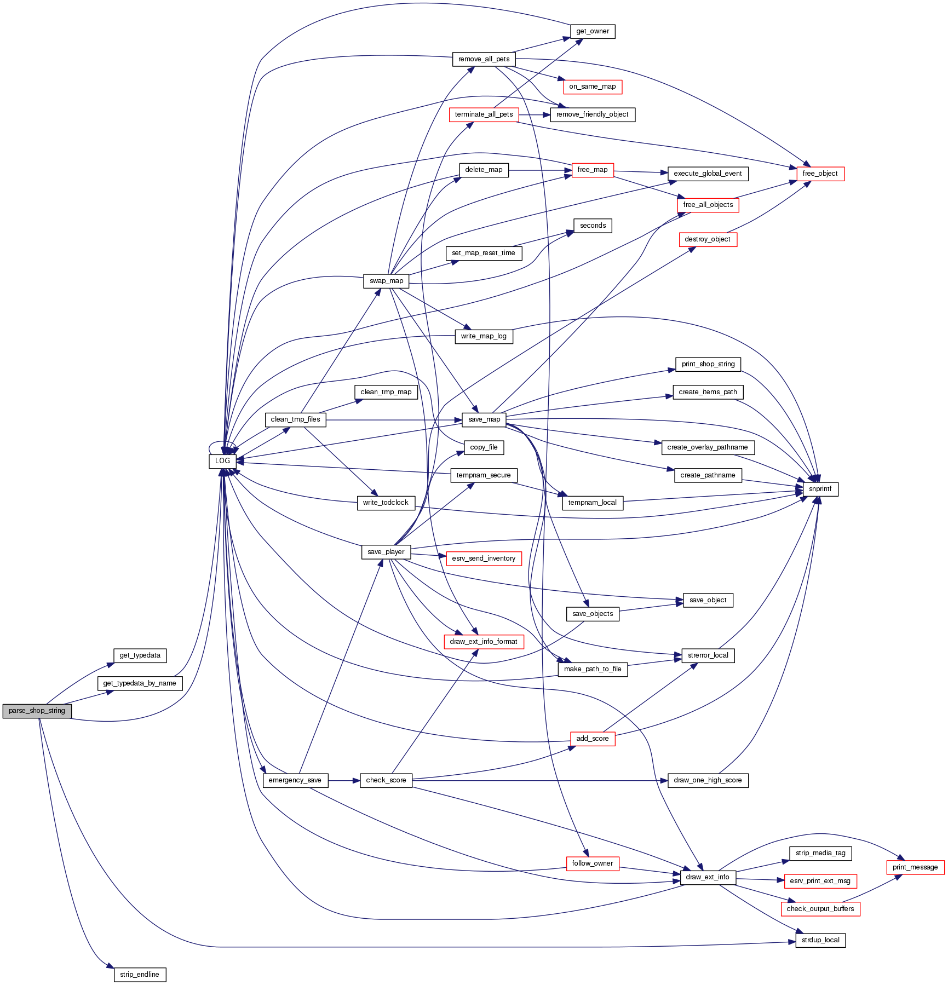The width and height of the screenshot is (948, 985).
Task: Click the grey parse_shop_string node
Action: click(x=37, y=711)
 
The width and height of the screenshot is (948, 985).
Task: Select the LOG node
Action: click(x=222, y=461)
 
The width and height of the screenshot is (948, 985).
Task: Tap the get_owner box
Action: click(x=593, y=31)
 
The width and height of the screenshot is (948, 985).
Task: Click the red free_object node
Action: click(x=820, y=174)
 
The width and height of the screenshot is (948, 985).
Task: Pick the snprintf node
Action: click(x=820, y=489)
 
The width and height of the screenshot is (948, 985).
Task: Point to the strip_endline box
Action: click(x=140, y=975)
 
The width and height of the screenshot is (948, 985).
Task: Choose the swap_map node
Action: click(x=386, y=281)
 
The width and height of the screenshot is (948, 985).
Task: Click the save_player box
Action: click(x=386, y=552)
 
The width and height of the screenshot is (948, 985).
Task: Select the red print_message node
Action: click(x=915, y=867)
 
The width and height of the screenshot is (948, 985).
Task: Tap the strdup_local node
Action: click(x=820, y=940)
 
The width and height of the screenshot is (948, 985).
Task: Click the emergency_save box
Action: click(x=295, y=780)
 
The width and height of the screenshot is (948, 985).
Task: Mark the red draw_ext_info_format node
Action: click(x=484, y=642)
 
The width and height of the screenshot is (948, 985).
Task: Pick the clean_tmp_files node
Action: click(x=295, y=419)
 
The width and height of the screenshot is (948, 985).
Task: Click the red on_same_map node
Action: click(x=593, y=87)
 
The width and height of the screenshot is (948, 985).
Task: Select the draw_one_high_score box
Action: click(x=708, y=780)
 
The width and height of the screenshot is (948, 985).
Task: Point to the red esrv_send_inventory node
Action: click(x=484, y=558)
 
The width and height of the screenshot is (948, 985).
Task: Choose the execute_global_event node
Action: click(x=708, y=174)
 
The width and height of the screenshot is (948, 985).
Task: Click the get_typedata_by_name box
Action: click(x=140, y=683)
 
